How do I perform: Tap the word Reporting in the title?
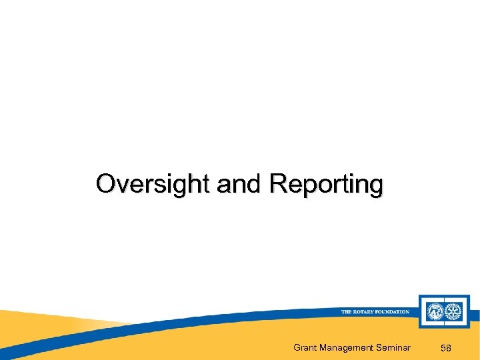(326, 185)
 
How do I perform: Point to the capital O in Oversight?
(105, 183)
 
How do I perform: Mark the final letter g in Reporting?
(376, 186)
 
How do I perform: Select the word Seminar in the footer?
(394, 347)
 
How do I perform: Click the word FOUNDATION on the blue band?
(393, 311)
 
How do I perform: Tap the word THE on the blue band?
(347, 311)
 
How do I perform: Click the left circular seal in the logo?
(434, 311)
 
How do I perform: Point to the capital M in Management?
(325, 347)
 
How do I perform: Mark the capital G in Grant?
(297, 347)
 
